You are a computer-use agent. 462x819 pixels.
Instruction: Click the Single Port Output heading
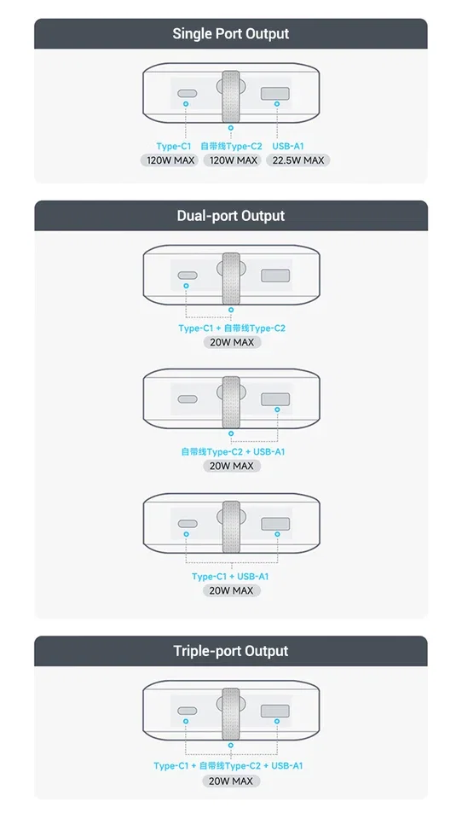coord(231,34)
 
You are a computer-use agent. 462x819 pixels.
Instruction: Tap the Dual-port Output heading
coord(231,216)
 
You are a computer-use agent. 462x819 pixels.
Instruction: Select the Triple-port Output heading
coord(231,651)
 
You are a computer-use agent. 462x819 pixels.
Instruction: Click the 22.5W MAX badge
coord(298,160)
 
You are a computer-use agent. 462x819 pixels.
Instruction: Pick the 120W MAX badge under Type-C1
coord(170,160)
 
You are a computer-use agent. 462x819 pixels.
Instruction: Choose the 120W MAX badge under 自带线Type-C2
coord(234,160)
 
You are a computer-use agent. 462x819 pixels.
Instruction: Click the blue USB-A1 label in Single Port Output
coord(287,147)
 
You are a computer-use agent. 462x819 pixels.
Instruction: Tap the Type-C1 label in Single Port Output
coord(174,147)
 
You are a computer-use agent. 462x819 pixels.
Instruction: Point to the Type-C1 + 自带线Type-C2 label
coord(232,328)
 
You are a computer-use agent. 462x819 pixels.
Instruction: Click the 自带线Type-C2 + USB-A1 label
coord(233,452)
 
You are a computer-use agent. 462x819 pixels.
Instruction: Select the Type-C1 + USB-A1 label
coord(230,577)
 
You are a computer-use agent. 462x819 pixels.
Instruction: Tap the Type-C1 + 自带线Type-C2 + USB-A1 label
coord(228,766)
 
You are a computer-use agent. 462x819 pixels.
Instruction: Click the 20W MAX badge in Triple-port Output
coord(231,781)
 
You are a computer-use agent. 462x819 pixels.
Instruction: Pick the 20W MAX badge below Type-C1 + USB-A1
coord(231,590)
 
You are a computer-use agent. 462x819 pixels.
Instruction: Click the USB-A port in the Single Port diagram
coord(274,94)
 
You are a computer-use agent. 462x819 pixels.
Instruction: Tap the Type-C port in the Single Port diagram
coord(187,94)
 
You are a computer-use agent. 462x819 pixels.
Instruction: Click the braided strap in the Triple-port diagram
coord(230,713)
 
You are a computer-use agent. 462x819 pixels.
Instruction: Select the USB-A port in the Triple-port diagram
coord(275,711)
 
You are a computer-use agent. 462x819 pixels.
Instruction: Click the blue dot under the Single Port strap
coord(230,127)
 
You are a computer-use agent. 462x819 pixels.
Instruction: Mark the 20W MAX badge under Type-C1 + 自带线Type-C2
coord(232,343)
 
